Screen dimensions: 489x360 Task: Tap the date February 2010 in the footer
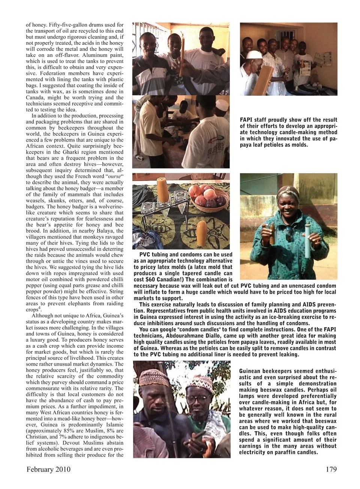point(48,470)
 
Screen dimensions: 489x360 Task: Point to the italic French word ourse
point(113,176)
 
